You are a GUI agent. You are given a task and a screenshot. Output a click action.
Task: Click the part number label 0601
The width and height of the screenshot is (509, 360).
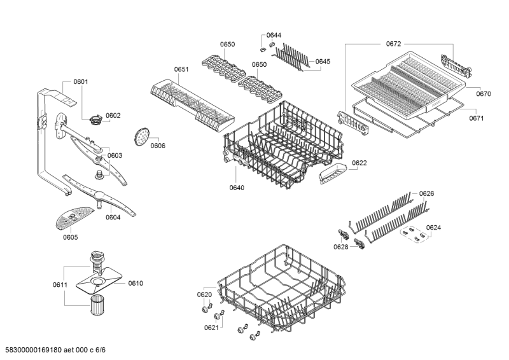pos(81,81)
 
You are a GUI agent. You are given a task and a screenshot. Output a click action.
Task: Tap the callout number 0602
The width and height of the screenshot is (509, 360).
pos(113,116)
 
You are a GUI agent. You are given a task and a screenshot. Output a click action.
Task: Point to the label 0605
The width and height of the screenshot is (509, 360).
pos(70,237)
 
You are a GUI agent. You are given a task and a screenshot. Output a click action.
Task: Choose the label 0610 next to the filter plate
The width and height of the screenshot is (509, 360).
pos(136,283)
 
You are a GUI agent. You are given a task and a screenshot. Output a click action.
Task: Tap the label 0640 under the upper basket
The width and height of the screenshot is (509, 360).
pos(237,188)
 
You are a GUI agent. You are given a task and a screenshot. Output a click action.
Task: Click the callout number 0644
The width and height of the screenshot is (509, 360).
pos(274,35)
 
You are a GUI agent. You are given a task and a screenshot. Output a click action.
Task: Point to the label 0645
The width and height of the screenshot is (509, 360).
pos(323,62)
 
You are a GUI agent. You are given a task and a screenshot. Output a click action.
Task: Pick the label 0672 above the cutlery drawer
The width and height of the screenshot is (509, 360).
pos(394,44)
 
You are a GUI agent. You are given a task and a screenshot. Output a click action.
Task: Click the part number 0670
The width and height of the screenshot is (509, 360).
pos(484,94)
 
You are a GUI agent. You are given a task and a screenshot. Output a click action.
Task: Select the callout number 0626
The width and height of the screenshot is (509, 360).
pos(426,193)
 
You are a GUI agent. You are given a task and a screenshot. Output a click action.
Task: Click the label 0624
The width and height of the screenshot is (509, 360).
pos(433,227)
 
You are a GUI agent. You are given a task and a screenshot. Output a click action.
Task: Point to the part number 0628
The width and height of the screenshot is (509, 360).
pos(341,246)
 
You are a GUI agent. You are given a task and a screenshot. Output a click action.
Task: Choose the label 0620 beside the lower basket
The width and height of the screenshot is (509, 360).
pos(204,294)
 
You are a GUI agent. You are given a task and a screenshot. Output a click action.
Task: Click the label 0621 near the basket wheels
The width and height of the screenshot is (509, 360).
pos(211,328)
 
